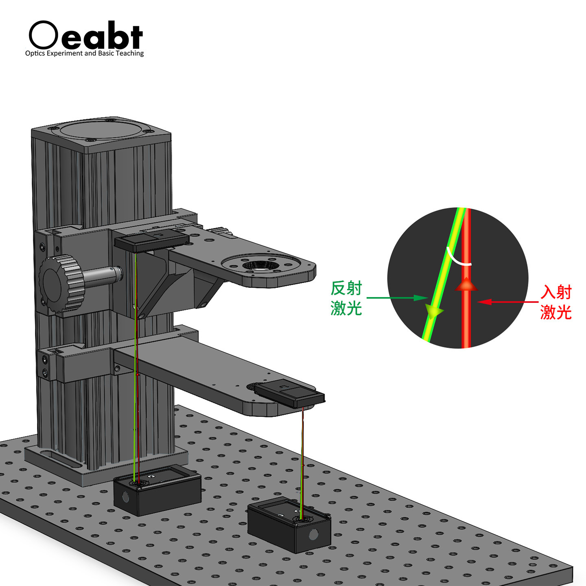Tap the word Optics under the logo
35,54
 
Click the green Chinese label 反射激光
346,299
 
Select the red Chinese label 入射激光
556,303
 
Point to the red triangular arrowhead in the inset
466,284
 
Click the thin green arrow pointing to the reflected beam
397,298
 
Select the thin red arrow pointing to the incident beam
508,302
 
